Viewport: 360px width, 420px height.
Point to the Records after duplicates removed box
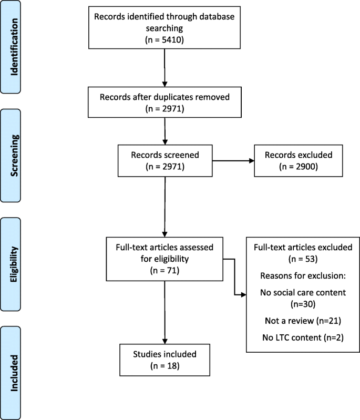[165, 102]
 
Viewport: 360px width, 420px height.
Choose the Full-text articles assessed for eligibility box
[165, 258]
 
